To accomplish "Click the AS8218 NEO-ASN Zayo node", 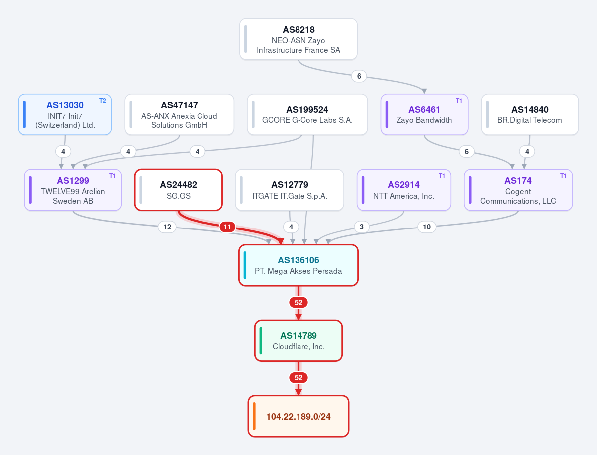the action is tap(298, 39).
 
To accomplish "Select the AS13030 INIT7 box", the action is tap(65, 114).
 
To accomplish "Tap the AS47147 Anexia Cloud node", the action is tap(179, 114).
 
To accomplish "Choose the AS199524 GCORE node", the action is tap(307, 114).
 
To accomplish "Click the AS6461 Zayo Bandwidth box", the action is tap(424, 114).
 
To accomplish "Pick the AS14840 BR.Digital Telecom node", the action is tap(530, 114).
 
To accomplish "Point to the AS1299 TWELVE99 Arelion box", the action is tap(73, 190).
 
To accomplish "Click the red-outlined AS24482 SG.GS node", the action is tap(179, 190).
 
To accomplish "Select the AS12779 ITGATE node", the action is tap(290, 190).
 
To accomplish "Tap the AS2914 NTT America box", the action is tap(403, 190).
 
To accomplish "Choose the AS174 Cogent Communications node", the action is tap(518, 190).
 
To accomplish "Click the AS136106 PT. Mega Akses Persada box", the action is tap(298, 265).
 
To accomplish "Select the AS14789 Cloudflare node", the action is tap(298, 341).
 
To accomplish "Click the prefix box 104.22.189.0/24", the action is tap(298, 416).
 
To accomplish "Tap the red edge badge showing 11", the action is tap(227, 227).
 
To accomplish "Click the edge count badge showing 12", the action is tap(167, 227).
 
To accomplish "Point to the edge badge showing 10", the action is tap(427, 227).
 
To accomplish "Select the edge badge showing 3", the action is tap(362, 227).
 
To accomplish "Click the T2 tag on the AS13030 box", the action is tap(103, 101).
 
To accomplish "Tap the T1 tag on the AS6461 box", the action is tap(459, 101).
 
